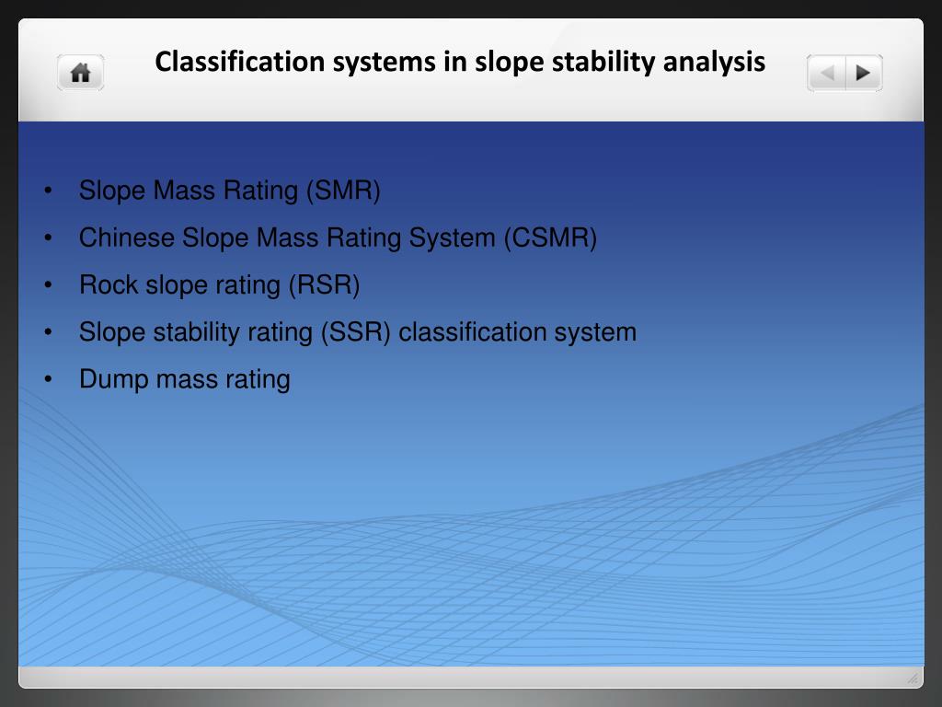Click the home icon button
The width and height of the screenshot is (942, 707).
coord(81,73)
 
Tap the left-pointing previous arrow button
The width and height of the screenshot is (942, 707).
coord(827,73)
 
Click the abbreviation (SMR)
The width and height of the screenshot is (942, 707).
coord(343,191)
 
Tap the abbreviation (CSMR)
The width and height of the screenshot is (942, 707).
coord(550,238)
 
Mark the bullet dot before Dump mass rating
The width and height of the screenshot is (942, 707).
coord(47,379)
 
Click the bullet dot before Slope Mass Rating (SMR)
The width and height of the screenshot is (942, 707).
coord(47,191)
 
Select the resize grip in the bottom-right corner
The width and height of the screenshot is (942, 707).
coord(913,678)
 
